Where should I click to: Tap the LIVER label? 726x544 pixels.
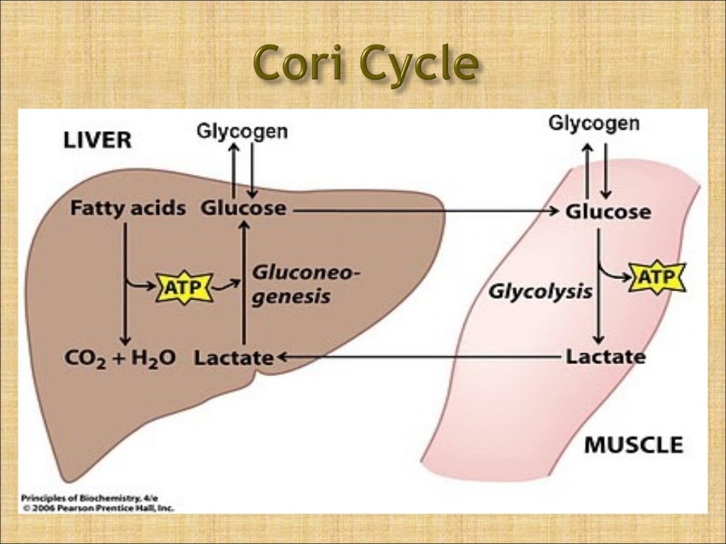coord(97,140)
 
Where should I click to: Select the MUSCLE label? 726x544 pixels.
coord(633,445)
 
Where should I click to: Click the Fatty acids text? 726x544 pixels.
coord(128,209)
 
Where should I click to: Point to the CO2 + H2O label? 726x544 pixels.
coord(121,357)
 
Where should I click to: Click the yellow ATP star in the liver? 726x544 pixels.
coord(184,288)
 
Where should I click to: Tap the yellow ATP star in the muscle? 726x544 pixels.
coord(657,276)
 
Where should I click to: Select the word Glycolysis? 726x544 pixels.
coord(540,292)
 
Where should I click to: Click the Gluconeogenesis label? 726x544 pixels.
coord(296,284)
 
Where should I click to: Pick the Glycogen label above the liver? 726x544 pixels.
coord(242,131)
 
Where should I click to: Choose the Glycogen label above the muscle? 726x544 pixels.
coord(593,124)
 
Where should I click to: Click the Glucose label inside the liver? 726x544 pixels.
coord(243,209)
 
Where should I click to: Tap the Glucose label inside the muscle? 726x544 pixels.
coord(608,212)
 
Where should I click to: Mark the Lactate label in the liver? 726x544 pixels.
coord(234,358)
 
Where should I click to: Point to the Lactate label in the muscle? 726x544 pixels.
coord(605,356)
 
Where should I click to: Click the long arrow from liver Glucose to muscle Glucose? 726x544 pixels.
coord(425,210)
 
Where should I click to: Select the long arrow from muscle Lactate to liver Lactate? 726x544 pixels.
coord(418,358)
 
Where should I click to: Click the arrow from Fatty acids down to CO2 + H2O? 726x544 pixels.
coord(125,283)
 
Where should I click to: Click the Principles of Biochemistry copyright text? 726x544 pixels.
coord(98,502)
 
